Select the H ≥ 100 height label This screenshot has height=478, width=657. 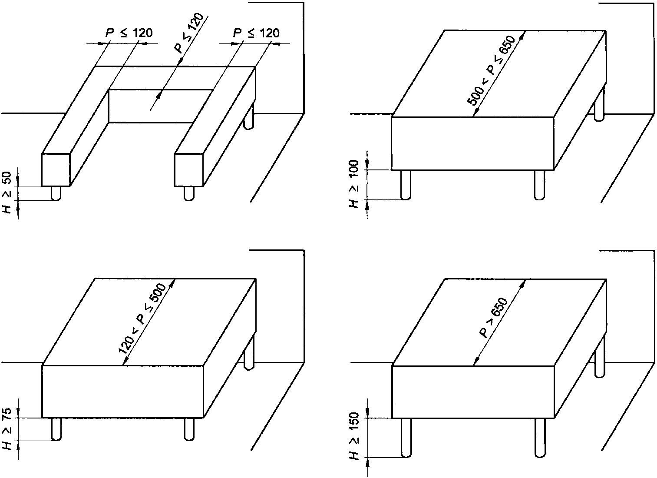354,184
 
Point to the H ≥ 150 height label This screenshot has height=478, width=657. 354,436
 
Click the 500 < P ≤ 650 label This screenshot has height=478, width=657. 491,70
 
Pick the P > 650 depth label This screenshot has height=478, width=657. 493,318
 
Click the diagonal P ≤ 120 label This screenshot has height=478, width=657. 189,33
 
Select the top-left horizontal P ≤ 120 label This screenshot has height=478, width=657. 129,33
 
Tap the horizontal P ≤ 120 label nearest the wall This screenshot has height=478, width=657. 256,33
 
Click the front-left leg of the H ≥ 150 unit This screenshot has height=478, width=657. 406,438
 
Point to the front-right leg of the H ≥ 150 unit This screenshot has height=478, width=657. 540,438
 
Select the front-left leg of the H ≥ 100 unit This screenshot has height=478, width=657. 406,185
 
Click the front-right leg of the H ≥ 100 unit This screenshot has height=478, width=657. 540,185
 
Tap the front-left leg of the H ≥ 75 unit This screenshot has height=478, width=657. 56,429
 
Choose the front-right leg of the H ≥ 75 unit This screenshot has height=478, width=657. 189,429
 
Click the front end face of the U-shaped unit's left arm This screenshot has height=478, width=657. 56,169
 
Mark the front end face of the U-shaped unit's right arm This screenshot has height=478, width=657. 188,169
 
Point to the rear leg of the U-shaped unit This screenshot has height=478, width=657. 249,116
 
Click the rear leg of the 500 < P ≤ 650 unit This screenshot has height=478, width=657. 600,104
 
